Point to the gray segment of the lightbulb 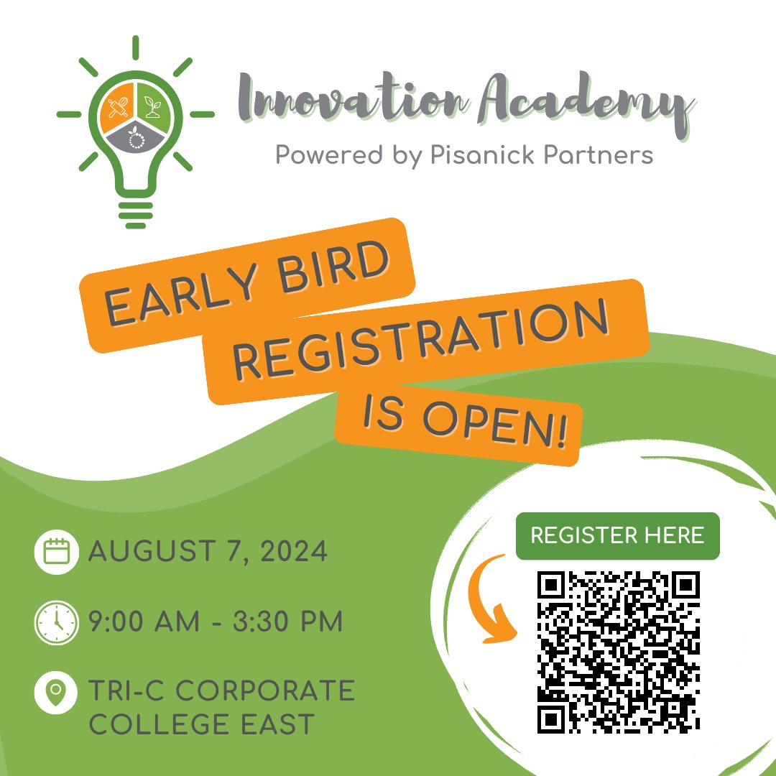(x=135, y=137)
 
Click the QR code (x=619, y=650)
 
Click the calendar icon (x=56, y=552)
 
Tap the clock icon (x=56, y=622)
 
